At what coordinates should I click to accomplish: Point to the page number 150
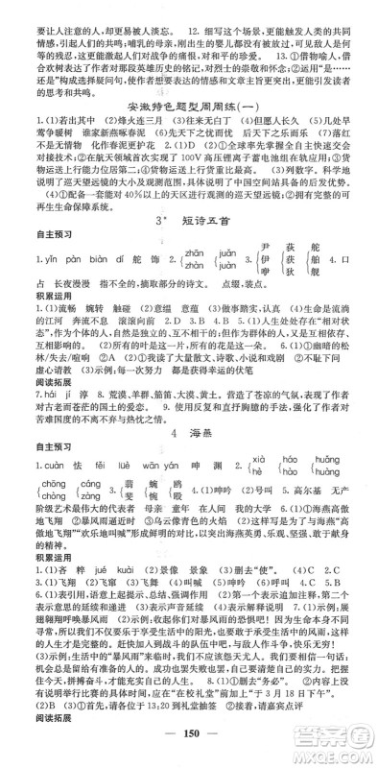189,741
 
